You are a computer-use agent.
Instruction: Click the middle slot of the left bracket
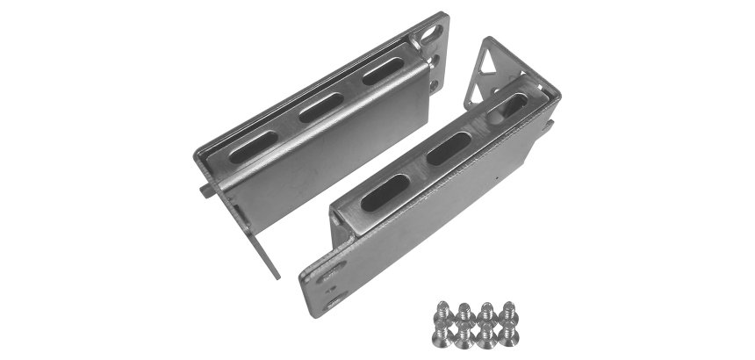click(x=320, y=107)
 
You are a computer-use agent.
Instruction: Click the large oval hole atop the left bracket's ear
click(x=430, y=32)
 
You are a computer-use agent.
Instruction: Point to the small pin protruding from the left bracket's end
click(x=204, y=187)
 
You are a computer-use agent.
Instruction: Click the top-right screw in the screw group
click(x=508, y=310)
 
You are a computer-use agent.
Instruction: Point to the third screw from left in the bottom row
click(x=485, y=335)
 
